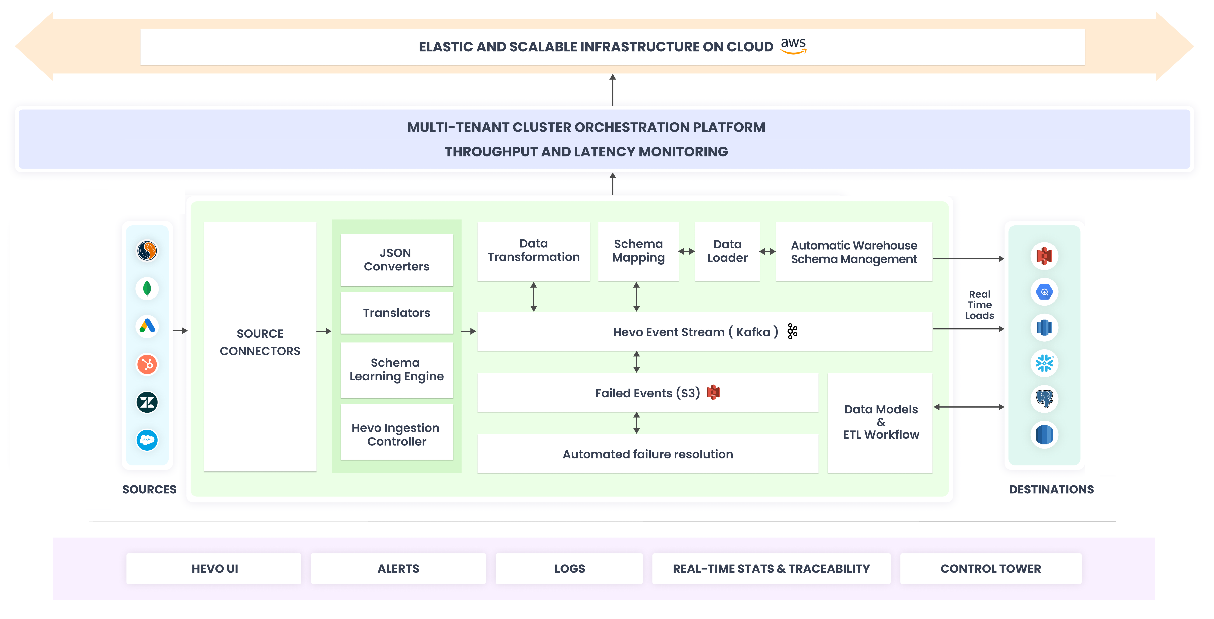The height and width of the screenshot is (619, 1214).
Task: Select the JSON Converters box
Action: [x=396, y=260]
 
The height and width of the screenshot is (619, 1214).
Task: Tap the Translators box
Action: [x=396, y=313]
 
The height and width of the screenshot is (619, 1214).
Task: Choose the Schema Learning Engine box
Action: [x=396, y=370]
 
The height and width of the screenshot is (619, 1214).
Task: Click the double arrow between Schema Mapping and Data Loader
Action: [x=686, y=251]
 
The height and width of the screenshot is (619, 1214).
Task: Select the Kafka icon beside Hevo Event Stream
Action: [x=792, y=332]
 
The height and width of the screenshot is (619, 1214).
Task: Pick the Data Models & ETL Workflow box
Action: [x=880, y=422]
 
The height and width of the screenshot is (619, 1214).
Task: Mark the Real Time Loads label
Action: [x=979, y=305]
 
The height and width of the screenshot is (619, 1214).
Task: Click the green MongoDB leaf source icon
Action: [x=147, y=288]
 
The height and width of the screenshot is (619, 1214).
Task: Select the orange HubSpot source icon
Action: [x=147, y=364]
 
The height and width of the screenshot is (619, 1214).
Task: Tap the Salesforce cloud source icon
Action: [x=147, y=440]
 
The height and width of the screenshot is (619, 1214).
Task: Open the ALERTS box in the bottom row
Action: [x=398, y=569]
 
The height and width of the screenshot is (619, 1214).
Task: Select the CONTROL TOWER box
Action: [x=991, y=569]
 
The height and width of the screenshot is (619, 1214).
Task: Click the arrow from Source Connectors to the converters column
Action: [x=324, y=331]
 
